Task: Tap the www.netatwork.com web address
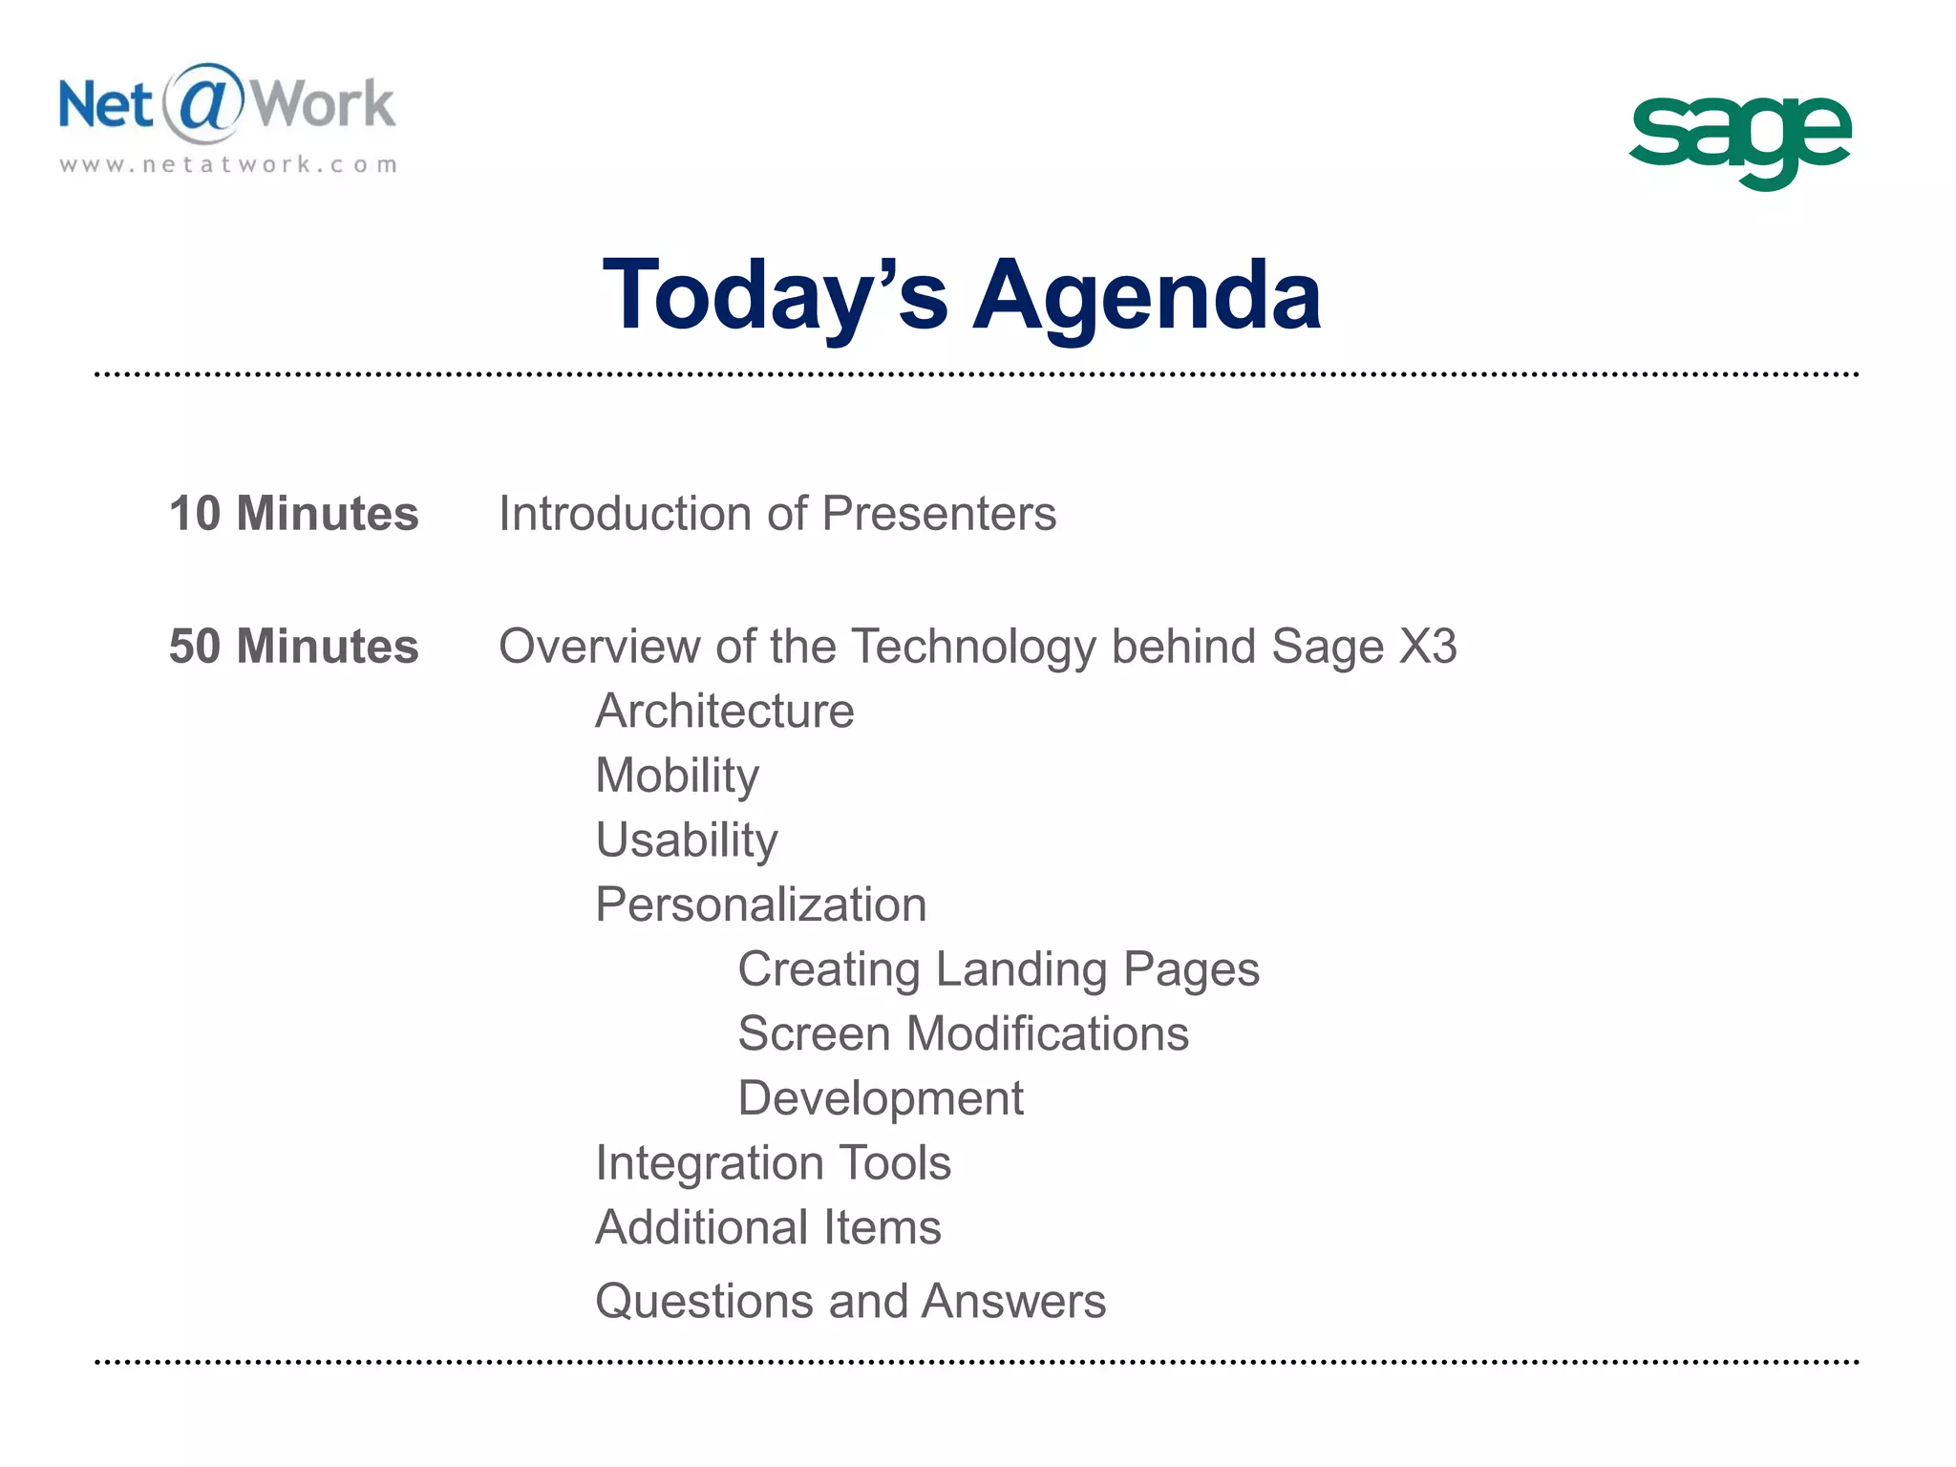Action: tap(228, 164)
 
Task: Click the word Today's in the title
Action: tap(776, 296)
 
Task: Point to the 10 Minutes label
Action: tap(294, 514)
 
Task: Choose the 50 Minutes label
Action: tap(294, 647)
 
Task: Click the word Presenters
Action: tap(939, 514)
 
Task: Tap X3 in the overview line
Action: tap(1427, 647)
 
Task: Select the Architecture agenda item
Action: tap(725, 712)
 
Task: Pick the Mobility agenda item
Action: tap(677, 776)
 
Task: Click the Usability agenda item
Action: tap(687, 840)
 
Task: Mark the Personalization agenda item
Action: tap(761, 904)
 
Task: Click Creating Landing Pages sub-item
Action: tap(998, 969)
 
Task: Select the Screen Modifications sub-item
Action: tap(963, 1033)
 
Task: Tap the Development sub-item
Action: tap(881, 1098)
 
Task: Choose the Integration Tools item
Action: tap(773, 1163)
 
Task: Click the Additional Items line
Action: tap(768, 1227)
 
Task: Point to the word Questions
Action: tap(704, 1301)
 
